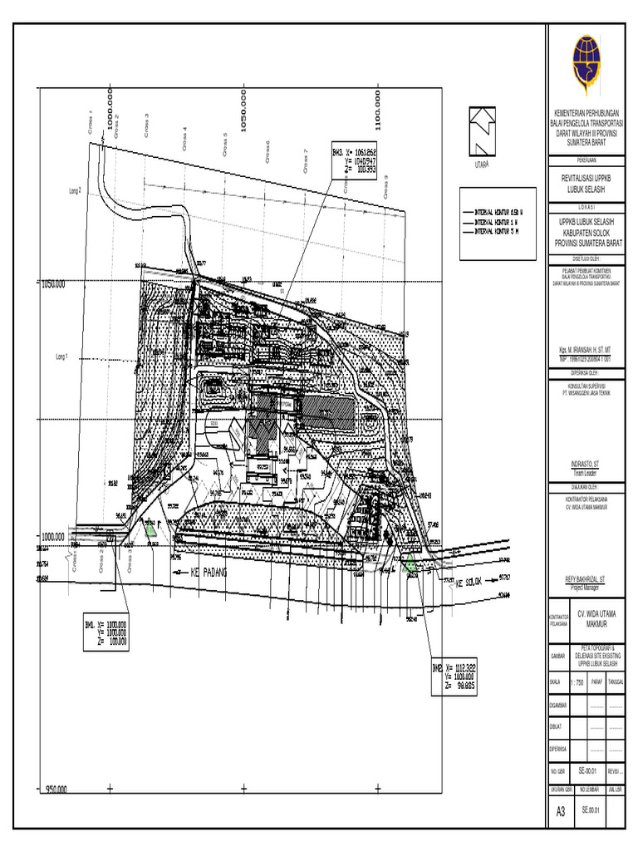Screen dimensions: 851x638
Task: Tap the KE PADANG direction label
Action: [209, 573]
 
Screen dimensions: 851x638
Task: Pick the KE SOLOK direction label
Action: [469, 583]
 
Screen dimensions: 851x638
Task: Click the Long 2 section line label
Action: [76, 190]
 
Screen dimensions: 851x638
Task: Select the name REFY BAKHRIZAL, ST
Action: [586, 583]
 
